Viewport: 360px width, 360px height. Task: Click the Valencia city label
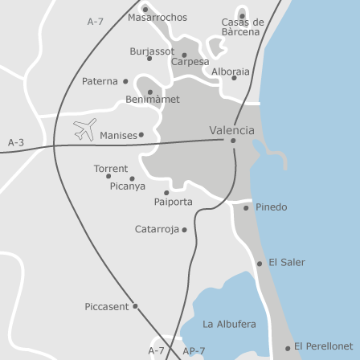(x=231, y=129)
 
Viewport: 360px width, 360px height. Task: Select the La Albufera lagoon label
(x=229, y=324)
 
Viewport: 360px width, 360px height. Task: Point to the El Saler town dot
(x=260, y=263)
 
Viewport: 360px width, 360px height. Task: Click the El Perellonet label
(x=323, y=346)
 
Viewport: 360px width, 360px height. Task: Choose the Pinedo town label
(x=271, y=207)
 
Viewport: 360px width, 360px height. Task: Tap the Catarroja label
(x=157, y=229)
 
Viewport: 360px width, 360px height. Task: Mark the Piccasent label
(x=106, y=306)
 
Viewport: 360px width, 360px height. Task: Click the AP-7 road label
(x=194, y=350)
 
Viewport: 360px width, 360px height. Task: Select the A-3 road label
(x=16, y=142)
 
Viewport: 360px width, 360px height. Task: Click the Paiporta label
(x=174, y=202)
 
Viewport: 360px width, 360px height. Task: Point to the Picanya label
(x=128, y=186)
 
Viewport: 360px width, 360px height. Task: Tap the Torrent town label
(x=111, y=169)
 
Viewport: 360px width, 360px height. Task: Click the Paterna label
(x=100, y=81)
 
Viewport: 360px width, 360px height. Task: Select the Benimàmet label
(x=153, y=100)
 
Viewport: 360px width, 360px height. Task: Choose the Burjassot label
(x=152, y=51)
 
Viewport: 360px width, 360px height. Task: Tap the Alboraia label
(x=231, y=71)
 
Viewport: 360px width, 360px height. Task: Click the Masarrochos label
(x=157, y=17)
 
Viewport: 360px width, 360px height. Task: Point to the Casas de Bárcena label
(x=242, y=27)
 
